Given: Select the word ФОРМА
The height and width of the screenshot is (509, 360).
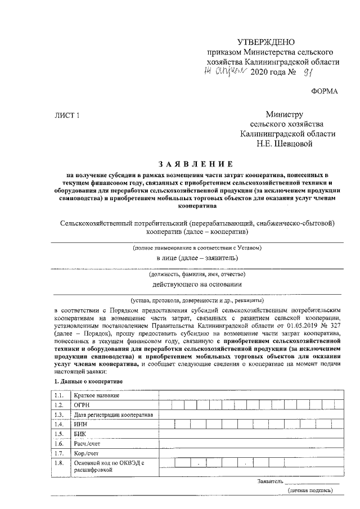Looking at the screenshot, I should [x=325, y=91].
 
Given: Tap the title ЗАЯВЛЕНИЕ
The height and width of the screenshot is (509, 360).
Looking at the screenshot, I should [x=196, y=164].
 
